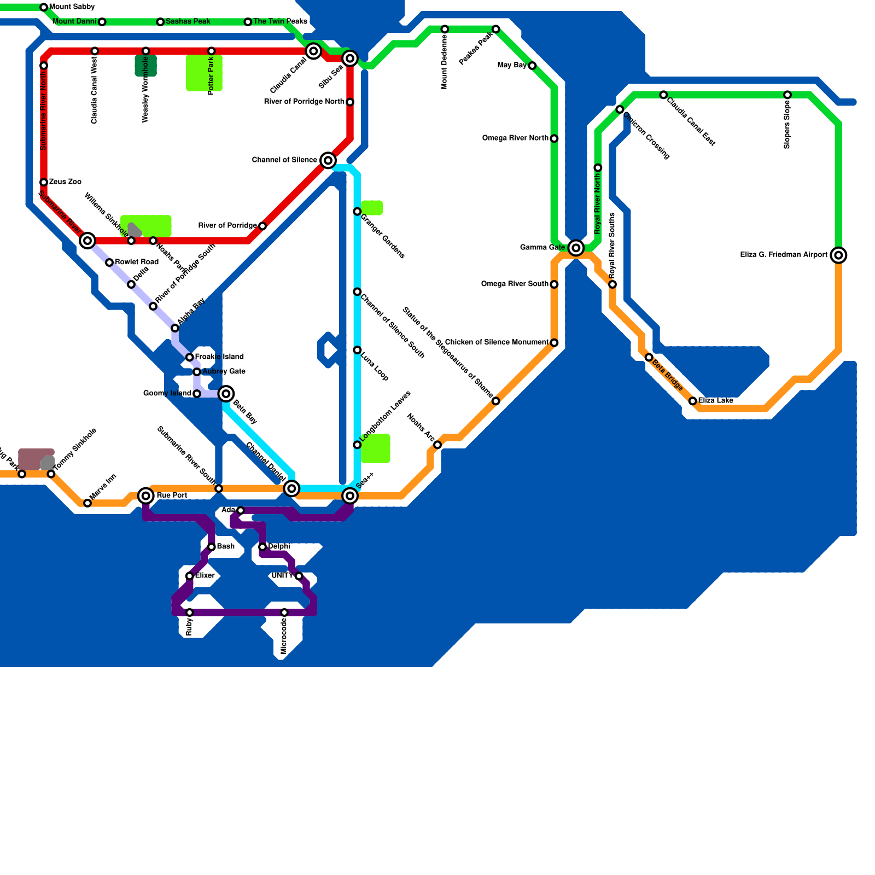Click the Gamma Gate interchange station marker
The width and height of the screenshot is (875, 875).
click(575, 248)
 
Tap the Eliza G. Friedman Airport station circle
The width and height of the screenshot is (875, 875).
click(838, 255)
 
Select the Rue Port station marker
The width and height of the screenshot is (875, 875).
click(146, 495)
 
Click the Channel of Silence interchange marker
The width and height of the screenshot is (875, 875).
click(328, 160)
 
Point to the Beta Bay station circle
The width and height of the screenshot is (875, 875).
click(226, 393)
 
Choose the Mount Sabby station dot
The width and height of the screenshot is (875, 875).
click(44, 7)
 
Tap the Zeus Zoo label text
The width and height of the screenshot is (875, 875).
click(65, 182)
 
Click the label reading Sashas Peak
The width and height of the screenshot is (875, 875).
click(188, 21)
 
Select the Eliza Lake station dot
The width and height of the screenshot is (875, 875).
click(692, 401)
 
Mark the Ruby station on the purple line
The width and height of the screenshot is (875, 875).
click(189, 612)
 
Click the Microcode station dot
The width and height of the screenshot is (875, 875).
click(284, 612)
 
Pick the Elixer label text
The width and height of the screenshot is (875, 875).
click(205, 576)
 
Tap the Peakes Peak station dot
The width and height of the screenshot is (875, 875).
click(495, 29)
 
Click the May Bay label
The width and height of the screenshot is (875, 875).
click(512, 65)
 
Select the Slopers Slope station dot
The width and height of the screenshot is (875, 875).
click(787, 95)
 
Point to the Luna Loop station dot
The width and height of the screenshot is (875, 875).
click(357, 350)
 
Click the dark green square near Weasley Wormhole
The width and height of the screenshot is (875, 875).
click(146, 66)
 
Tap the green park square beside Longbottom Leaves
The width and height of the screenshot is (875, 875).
click(375, 448)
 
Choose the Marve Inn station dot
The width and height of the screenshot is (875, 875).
click(87, 503)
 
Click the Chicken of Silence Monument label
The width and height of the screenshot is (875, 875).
click(497, 342)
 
